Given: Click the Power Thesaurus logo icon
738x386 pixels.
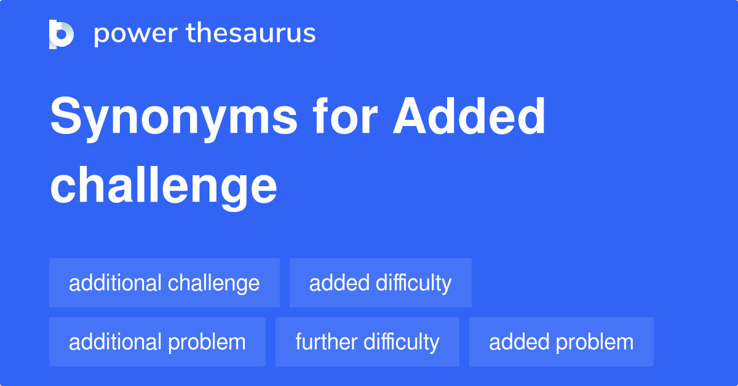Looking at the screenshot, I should click(61, 34).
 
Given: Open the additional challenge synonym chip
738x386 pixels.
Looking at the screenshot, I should click(164, 283).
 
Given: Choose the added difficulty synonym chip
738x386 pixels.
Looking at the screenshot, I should click(380, 283).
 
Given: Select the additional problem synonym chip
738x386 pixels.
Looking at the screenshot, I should click(157, 342).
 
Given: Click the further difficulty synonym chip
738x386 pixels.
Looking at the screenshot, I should click(367, 342).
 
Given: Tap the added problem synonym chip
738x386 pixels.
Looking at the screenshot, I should click(561, 342).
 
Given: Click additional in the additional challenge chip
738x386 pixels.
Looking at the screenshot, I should click(115, 283).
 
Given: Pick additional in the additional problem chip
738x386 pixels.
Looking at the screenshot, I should click(115, 342).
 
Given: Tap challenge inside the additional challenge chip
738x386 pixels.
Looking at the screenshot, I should click(213, 283).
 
